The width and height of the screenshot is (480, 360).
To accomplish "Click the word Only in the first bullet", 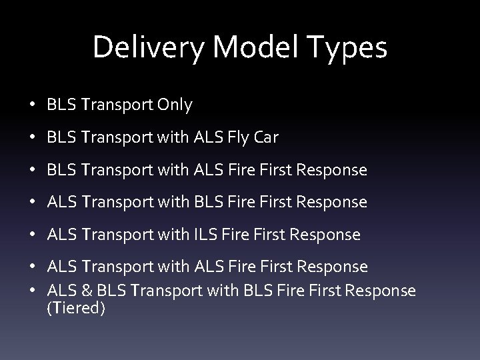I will tap(175, 105).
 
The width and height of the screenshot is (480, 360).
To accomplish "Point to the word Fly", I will tap(237, 137).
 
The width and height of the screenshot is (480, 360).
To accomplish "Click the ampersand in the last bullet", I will tap(83, 291).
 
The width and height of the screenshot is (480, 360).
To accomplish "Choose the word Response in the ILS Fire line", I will tap(327, 235).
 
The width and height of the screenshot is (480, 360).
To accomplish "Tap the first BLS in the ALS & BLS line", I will tap(106, 291).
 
